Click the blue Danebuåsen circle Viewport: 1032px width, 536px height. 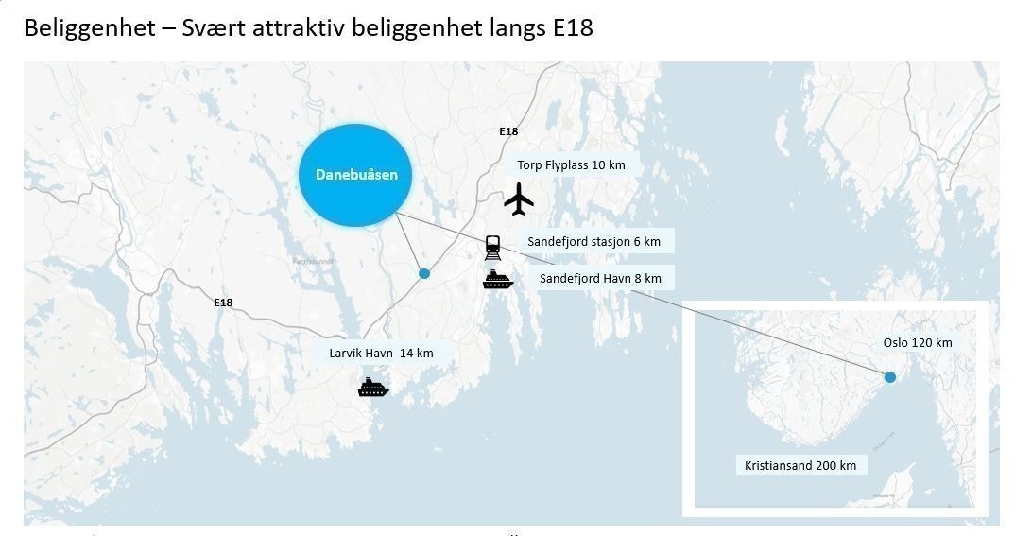pyautogui.click(x=355, y=175)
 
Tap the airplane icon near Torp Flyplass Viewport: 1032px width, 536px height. pyautogui.click(x=519, y=199)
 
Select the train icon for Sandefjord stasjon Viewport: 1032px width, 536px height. pyautogui.click(x=492, y=248)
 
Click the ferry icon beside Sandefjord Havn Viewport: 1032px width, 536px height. pyautogui.click(x=497, y=279)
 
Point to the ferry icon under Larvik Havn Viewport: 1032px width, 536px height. pyautogui.click(x=373, y=387)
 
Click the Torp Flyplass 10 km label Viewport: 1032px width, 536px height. pyautogui.click(x=571, y=165)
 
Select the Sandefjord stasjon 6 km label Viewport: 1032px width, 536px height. pyautogui.click(x=593, y=242)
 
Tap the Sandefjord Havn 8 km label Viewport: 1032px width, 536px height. pyautogui.click(x=600, y=278)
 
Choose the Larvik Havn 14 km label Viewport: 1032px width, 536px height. pyautogui.click(x=381, y=354)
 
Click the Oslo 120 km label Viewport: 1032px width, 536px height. pyautogui.click(x=918, y=342)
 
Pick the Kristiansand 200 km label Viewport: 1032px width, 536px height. pyautogui.click(x=800, y=465)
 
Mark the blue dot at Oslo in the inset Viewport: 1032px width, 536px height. pyautogui.click(x=889, y=377)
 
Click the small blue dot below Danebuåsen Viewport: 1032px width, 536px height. pyautogui.click(x=424, y=273)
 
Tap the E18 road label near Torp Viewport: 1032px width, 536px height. pyautogui.click(x=508, y=132)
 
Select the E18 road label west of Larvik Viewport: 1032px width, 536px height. pyautogui.click(x=223, y=303)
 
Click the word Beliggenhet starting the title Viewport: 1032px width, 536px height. pyautogui.click(x=88, y=28)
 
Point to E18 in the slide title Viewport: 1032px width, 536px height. pyautogui.click(x=573, y=28)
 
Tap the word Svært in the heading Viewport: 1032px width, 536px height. pyautogui.click(x=213, y=28)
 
